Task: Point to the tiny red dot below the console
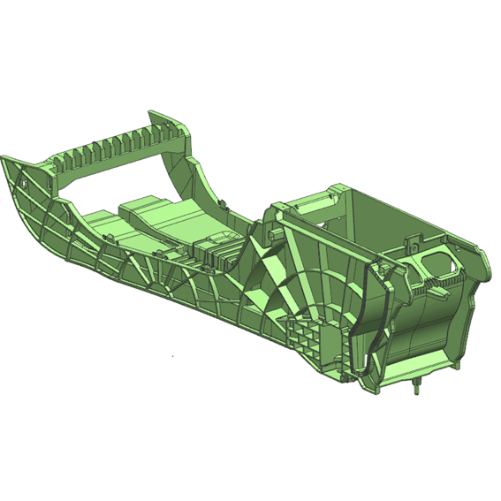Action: pyautogui.click(x=172, y=356)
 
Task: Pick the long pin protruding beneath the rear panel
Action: pyautogui.click(x=416, y=386)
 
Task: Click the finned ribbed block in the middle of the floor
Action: pyautogui.click(x=217, y=252)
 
